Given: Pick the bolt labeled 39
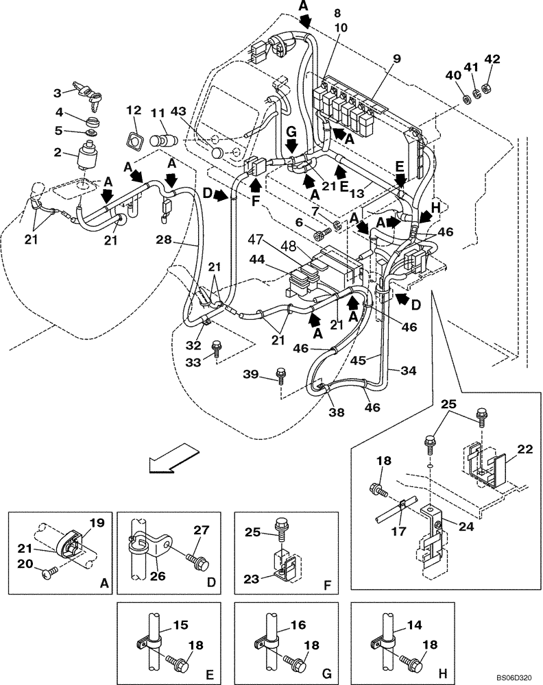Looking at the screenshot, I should tap(281, 373).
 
